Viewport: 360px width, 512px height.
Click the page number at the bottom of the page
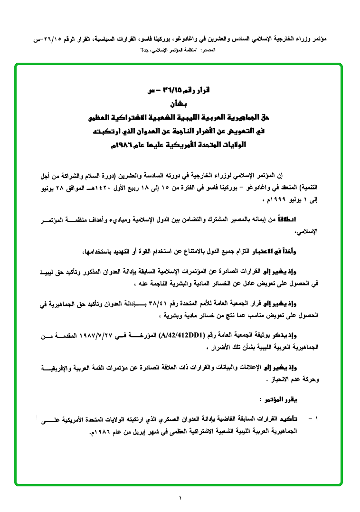click(x=180, y=497)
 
